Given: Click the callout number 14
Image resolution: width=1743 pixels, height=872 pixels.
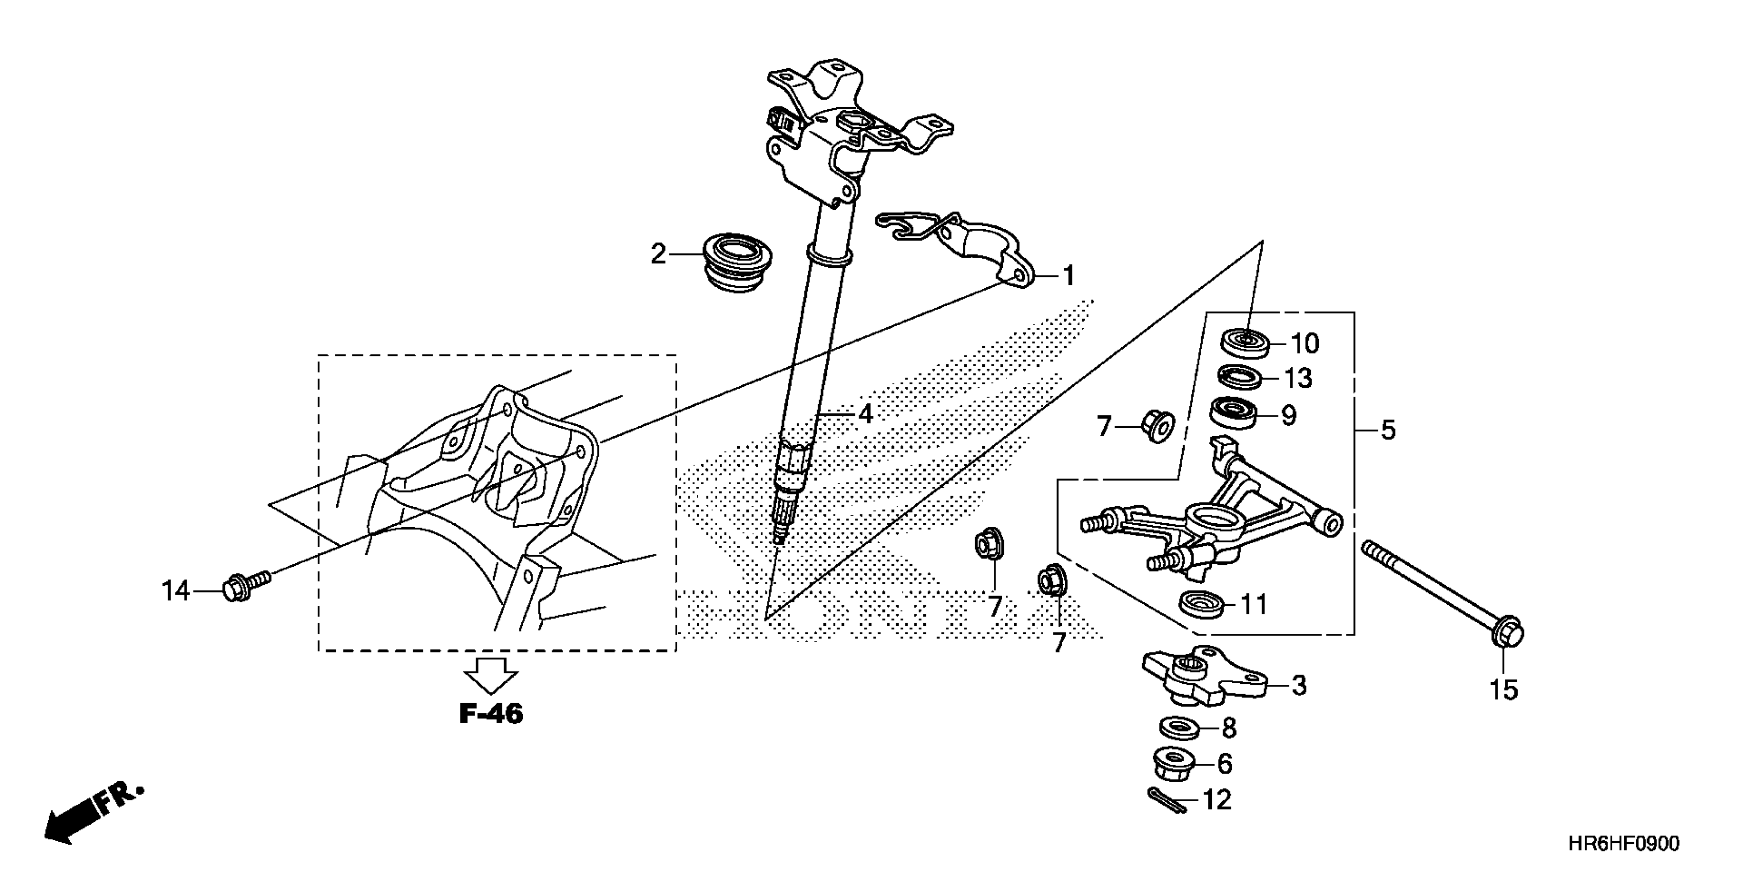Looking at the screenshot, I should point(176,591).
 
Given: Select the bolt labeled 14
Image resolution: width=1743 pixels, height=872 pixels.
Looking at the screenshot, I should point(244,585).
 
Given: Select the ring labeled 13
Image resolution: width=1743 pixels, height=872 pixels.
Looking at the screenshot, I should point(1240,376).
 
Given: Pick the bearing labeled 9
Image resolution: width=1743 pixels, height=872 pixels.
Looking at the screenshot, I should point(1232,413).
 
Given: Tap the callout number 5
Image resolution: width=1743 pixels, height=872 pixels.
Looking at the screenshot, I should point(1388,430).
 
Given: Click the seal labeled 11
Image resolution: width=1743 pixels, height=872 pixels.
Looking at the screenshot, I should point(1201,603).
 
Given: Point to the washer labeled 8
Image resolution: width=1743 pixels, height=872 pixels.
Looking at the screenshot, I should point(1180,728).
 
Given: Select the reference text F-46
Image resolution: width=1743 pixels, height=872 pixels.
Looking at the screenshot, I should point(491,714).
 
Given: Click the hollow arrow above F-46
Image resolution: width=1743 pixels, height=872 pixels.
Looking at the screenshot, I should point(491,675).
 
